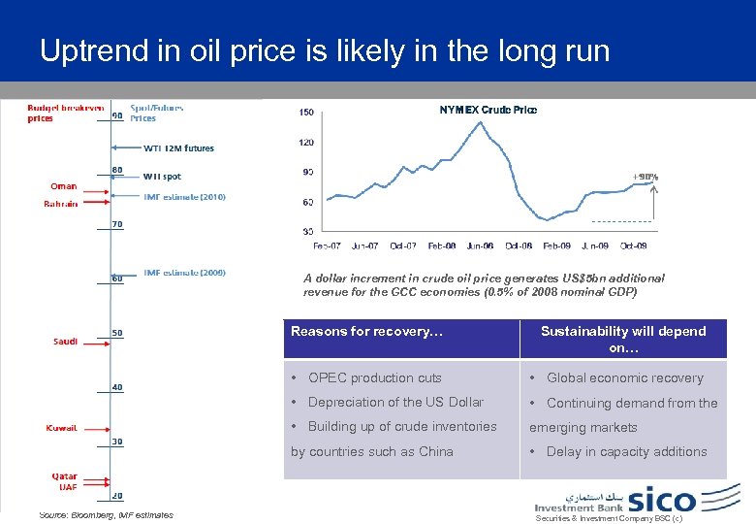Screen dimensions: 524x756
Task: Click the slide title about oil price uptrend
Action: click(325, 49)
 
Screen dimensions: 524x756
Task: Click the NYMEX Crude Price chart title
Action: click(488, 110)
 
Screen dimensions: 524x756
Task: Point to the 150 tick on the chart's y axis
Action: click(306, 113)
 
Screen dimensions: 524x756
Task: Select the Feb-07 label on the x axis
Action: click(327, 246)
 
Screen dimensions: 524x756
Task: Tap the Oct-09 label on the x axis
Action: click(633, 246)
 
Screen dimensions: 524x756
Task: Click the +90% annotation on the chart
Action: click(645, 178)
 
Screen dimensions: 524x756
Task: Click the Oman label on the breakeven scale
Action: click(63, 186)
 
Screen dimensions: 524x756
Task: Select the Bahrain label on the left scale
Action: click(61, 204)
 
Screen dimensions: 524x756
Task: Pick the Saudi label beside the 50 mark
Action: click(66, 341)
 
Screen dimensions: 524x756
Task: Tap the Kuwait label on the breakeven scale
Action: click(63, 427)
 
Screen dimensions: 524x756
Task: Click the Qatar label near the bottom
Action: click(65, 476)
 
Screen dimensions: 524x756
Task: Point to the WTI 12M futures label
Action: click(178, 148)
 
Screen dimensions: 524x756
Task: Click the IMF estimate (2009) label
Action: click(184, 274)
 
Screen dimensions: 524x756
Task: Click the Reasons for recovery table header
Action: click(366, 332)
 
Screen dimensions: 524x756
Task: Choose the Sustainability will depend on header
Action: click(622, 339)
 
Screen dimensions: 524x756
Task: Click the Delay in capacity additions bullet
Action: click(626, 451)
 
